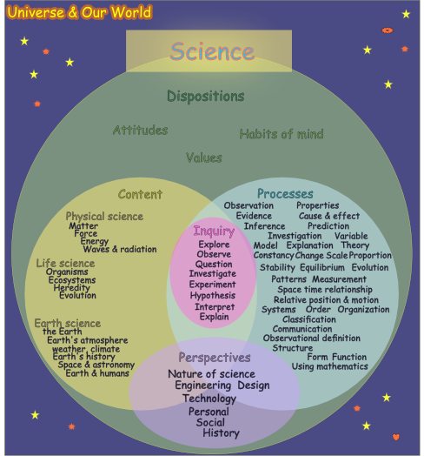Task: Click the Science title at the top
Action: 212,51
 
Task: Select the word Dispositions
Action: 206,96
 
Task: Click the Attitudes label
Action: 140,130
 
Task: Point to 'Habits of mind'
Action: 282,134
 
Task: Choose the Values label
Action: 204,158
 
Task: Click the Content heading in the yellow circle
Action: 140,194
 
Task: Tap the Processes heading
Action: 285,192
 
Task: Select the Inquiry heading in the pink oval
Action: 214,231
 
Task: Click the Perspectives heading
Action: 215,358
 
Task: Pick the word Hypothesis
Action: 214,295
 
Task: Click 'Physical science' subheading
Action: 104,216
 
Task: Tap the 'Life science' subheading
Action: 65,263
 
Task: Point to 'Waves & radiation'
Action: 120,249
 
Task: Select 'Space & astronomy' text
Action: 95,365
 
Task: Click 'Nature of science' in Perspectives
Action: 211,374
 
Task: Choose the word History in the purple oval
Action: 221,433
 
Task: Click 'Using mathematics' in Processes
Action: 327,366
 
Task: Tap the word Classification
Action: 308,319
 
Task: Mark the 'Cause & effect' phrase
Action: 328,216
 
